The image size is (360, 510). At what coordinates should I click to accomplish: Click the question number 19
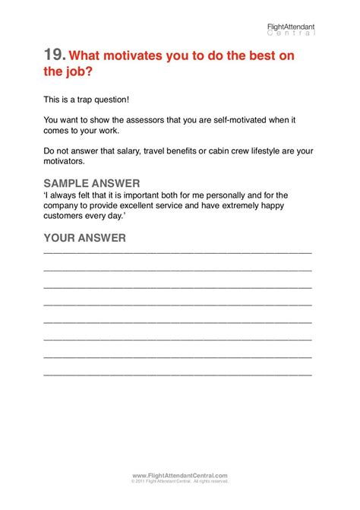(x=55, y=55)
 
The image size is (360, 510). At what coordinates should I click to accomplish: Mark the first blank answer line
(x=178, y=252)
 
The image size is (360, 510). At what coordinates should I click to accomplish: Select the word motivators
(x=66, y=161)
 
